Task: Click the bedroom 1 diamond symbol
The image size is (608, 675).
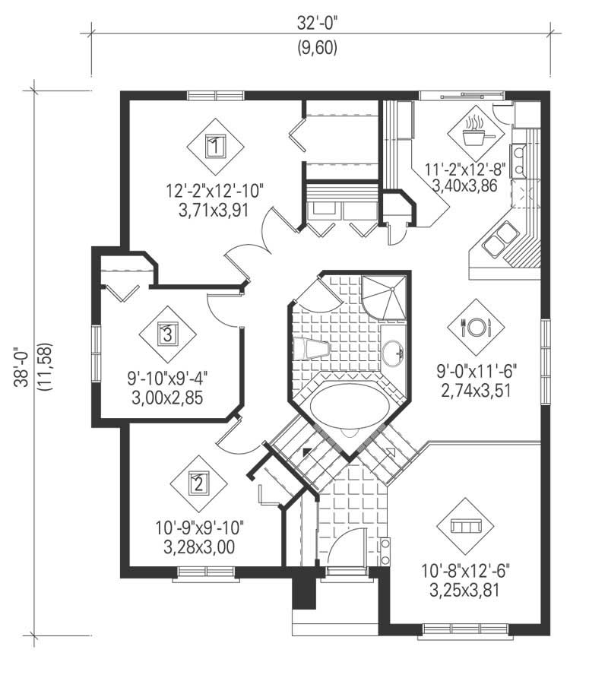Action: pyautogui.click(x=216, y=145)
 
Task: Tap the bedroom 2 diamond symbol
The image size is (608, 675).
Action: pyautogui.click(x=198, y=482)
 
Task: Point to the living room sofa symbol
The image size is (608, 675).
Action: pyautogui.click(x=464, y=526)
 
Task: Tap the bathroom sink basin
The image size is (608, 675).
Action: pyautogui.click(x=393, y=353)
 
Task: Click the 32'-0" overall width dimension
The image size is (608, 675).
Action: pyautogui.click(x=317, y=24)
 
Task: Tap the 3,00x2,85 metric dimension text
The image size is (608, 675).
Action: pyautogui.click(x=169, y=395)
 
